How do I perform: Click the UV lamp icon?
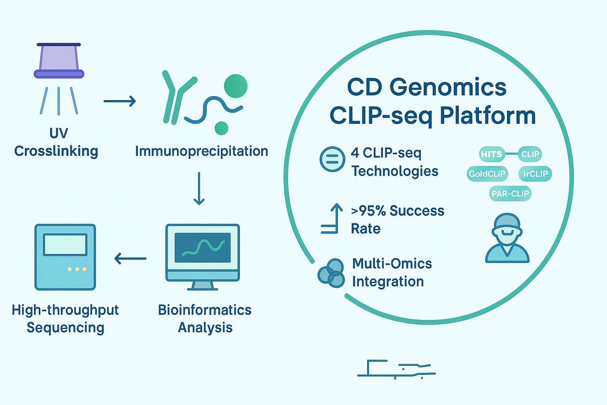point(59,61)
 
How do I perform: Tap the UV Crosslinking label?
point(57,142)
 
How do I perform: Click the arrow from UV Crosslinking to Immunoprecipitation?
point(119,101)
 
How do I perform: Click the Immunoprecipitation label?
point(202,151)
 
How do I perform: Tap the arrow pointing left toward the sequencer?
point(130,259)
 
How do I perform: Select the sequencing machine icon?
point(65,257)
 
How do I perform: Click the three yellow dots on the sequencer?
point(77,269)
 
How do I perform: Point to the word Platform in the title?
point(488,116)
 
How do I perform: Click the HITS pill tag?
point(492,154)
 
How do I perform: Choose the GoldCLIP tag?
point(487,174)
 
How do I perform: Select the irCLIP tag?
point(535,174)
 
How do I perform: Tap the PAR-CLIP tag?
point(510,194)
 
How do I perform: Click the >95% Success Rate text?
point(397,220)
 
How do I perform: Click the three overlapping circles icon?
point(331,273)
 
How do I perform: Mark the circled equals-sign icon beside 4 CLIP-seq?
point(332,159)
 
